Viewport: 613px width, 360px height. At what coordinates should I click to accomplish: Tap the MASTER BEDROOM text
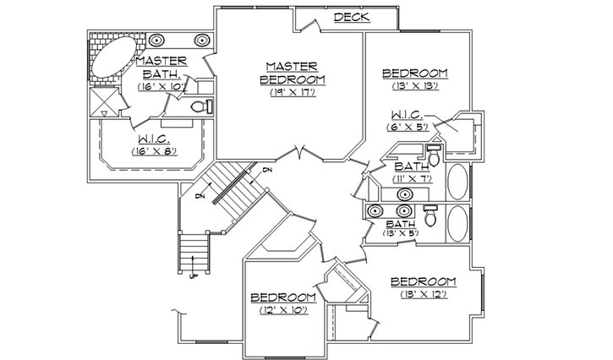291,73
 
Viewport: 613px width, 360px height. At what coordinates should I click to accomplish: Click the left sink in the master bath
157,40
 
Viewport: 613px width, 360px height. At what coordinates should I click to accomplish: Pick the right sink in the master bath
203,40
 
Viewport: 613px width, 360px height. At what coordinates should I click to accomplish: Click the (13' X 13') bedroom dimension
413,86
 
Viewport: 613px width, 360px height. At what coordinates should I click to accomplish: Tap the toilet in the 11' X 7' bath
434,158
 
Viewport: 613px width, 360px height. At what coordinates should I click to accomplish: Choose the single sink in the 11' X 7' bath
405,194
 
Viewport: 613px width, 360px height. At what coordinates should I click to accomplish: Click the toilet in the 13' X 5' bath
430,219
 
